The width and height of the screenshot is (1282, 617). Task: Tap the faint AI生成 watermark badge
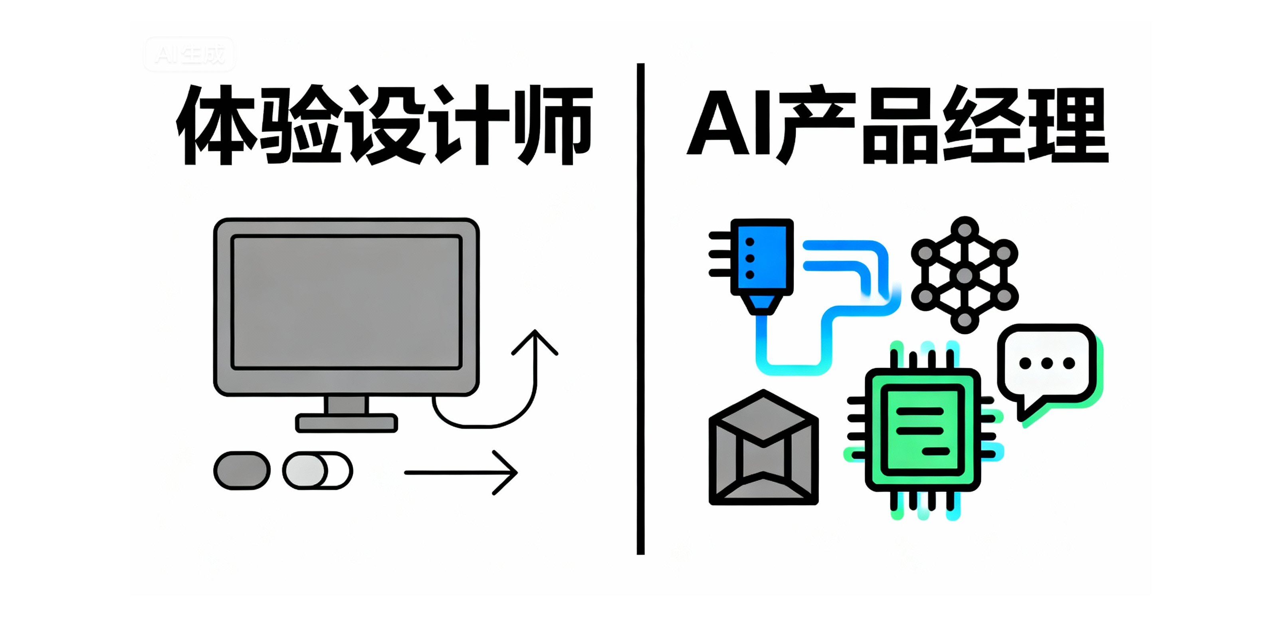point(189,54)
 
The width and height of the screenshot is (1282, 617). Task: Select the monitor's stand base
point(347,423)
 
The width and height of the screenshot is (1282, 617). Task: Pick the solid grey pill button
point(242,470)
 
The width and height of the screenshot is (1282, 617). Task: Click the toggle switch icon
point(317,470)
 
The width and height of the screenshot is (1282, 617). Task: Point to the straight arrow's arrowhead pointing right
point(507,472)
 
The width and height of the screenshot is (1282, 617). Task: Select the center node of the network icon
point(965,275)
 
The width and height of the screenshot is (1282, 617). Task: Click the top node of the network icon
point(965,230)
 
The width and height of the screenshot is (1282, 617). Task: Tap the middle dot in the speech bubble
point(1046,363)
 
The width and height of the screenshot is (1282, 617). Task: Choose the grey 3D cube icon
point(763,448)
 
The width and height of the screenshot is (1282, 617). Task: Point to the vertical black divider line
point(640,308)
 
